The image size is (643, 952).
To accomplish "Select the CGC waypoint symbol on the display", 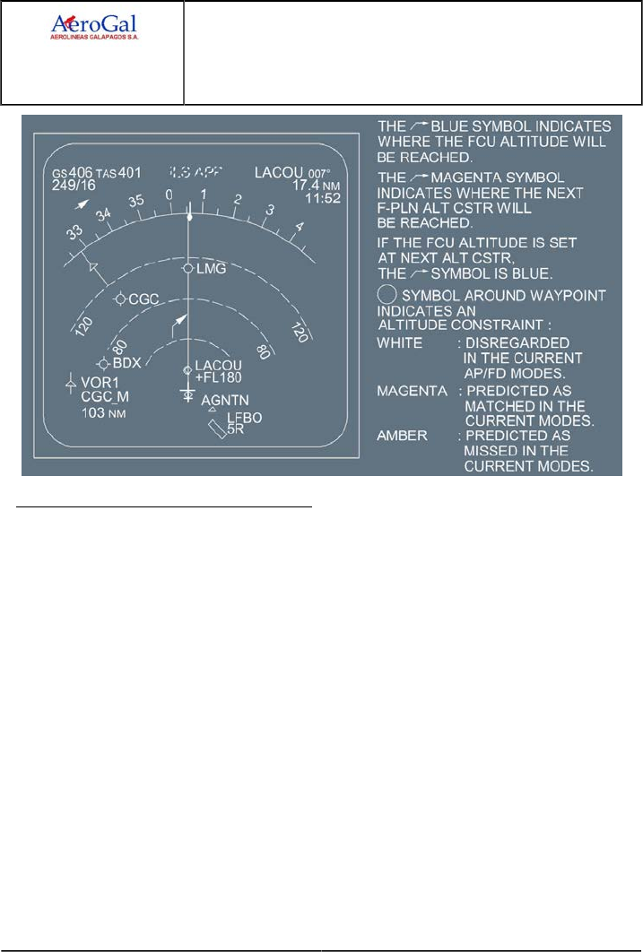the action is point(120,299).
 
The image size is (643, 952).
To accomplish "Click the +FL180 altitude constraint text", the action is point(219,376).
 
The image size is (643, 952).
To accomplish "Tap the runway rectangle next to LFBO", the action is point(216,431).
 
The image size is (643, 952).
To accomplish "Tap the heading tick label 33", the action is point(72,232).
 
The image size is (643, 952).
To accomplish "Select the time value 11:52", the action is point(298,198).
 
